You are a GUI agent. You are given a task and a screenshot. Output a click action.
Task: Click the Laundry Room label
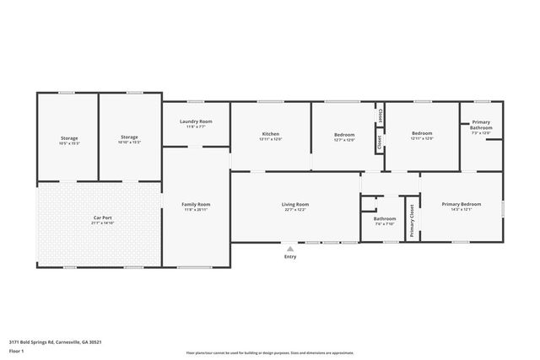point(196,121)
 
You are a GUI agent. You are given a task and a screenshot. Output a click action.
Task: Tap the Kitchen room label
point(271,133)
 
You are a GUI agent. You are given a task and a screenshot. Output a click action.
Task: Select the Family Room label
point(196,204)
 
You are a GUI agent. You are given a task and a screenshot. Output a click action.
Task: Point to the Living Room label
point(295,204)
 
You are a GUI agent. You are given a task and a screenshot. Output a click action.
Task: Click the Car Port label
point(102,218)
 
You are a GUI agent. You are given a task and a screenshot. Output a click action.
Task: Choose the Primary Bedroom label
point(462,204)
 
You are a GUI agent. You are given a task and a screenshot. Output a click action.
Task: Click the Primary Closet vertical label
point(411,221)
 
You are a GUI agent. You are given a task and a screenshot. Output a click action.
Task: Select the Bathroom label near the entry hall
point(384,219)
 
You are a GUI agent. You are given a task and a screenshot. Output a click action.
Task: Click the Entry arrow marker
point(290,249)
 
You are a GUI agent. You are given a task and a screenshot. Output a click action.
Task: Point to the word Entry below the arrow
point(290,257)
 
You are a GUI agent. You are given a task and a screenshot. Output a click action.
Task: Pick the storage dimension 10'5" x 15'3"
point(69,142)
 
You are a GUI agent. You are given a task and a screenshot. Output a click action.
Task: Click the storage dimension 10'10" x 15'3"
point(129,142)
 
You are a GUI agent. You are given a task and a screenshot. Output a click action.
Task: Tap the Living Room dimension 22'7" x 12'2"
point(295,210)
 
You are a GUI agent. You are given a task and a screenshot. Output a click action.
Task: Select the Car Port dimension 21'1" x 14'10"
point(102,223)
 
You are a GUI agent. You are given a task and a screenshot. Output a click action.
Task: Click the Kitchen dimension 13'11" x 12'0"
point(271,138)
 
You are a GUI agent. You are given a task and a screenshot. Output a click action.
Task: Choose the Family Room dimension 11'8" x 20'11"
point(196,210)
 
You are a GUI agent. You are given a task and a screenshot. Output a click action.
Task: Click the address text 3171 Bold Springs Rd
point(56,341)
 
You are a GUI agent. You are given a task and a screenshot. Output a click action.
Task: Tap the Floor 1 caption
point(15,350)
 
